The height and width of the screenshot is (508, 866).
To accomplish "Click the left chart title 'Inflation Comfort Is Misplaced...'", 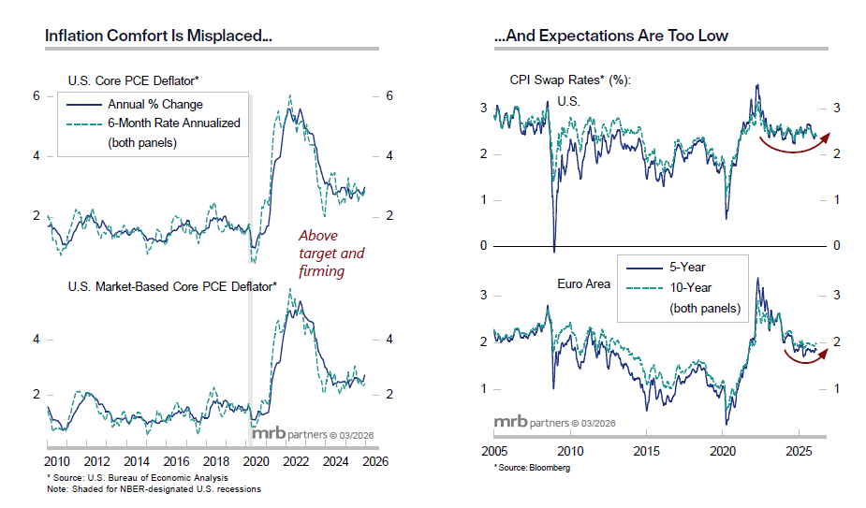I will coord(158,36).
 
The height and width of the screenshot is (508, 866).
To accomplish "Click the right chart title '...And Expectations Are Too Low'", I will coord(610,36).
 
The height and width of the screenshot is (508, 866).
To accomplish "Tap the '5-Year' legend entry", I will coord(691,267).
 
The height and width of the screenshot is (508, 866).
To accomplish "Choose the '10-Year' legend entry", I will coord(694,287).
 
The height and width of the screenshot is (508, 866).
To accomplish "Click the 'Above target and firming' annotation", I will coord(330,254).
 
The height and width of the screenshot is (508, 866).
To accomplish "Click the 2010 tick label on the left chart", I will coord(57,461).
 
